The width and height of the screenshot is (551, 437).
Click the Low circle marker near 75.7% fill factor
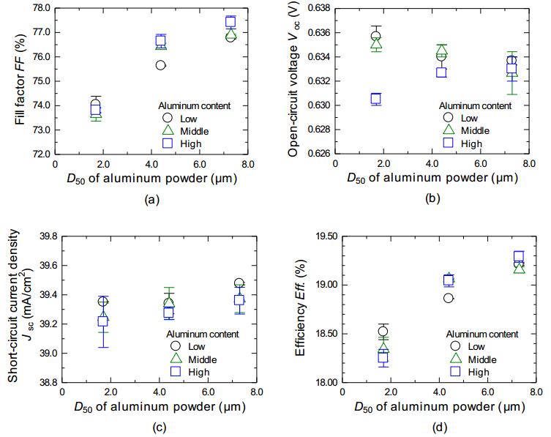coord(160,65)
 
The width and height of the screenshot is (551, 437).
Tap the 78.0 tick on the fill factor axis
coord(40,8)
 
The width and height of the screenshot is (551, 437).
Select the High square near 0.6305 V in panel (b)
coord(376,99)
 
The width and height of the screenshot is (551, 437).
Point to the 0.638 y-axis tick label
coord(317,8)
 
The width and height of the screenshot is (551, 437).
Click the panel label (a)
coord(151,198)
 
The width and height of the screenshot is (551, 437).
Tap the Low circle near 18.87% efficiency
coord(448,298)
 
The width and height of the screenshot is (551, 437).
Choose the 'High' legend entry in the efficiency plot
coord(479,372)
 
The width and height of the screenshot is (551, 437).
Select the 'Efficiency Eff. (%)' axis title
coord(300,309)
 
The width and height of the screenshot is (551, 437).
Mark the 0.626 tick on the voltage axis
coord(317,154)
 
